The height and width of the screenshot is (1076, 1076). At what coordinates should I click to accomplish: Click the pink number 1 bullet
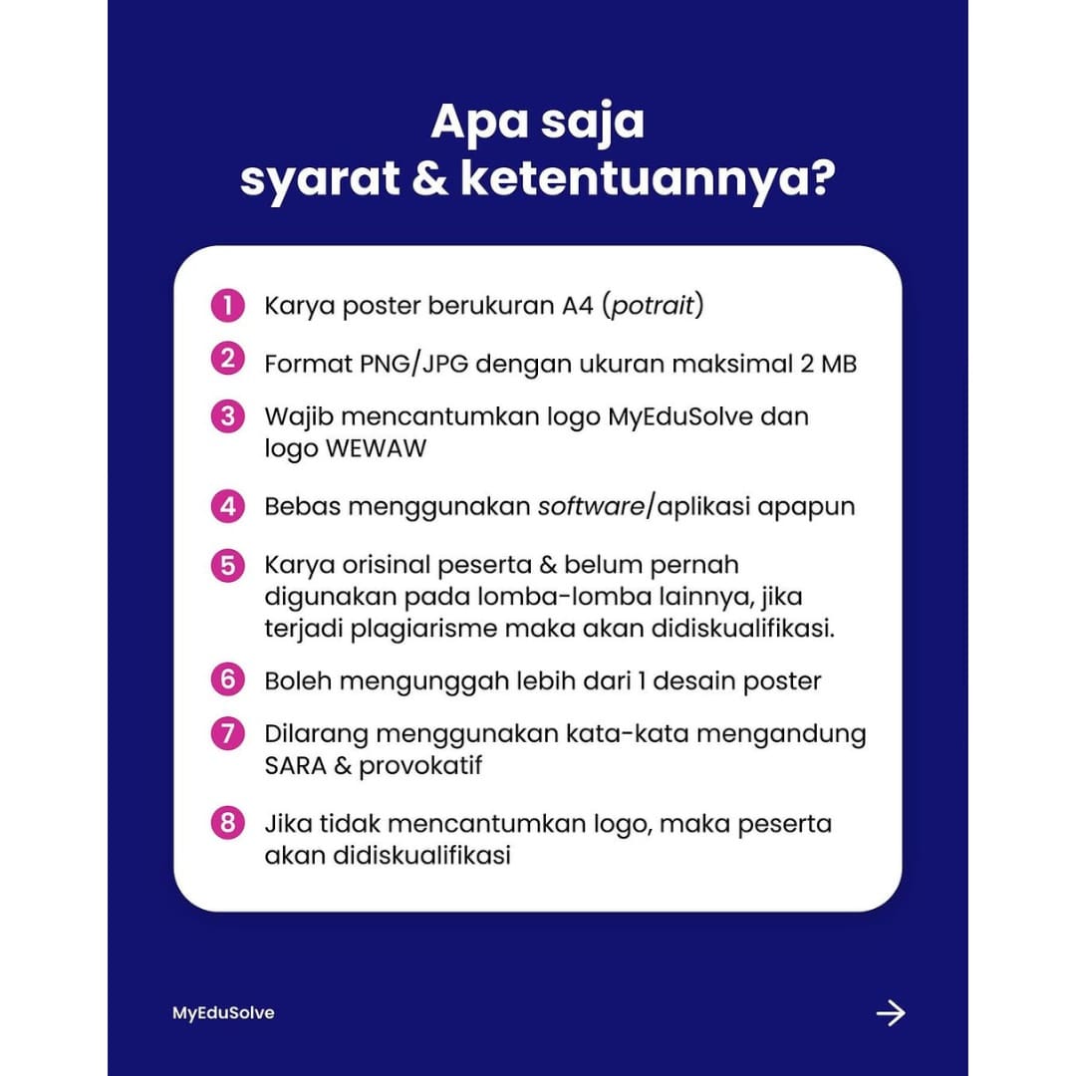point(227,306)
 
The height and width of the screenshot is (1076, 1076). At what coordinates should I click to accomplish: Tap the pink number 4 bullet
point(227,506)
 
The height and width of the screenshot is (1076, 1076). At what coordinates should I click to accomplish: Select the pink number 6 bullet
point(227,680)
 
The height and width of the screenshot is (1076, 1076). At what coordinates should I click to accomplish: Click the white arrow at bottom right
point(890,1013)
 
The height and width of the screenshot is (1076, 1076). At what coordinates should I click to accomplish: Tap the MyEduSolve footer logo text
point(223,1013)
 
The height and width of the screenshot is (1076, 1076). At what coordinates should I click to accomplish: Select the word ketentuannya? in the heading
point(649,181)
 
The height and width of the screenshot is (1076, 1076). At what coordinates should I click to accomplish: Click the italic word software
point(591,506)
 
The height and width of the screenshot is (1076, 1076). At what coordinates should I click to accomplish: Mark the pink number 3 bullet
point(227,416)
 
